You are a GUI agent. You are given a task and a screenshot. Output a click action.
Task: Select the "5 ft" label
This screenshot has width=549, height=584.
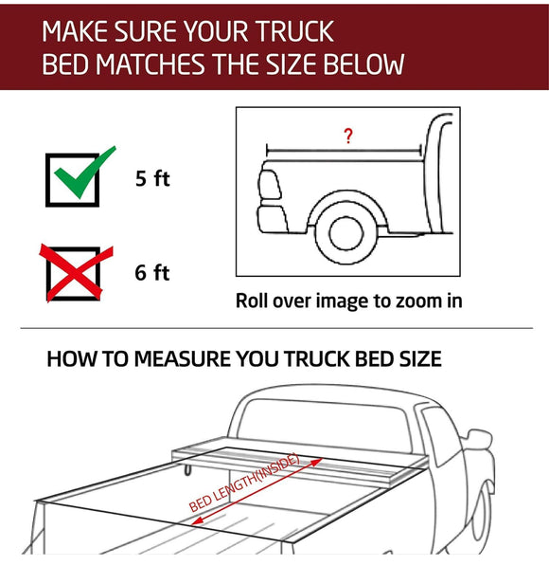point(151,178)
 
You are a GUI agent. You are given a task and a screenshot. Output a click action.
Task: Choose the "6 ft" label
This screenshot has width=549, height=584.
point(151,273)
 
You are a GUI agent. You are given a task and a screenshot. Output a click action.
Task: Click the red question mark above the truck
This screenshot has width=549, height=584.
point(348,137)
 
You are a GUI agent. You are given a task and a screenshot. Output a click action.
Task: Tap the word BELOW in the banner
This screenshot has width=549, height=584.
point(361,64)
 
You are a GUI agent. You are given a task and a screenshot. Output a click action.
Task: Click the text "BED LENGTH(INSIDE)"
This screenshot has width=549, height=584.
point(244,484)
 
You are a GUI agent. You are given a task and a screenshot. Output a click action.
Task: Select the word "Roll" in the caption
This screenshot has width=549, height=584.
point(256,301)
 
